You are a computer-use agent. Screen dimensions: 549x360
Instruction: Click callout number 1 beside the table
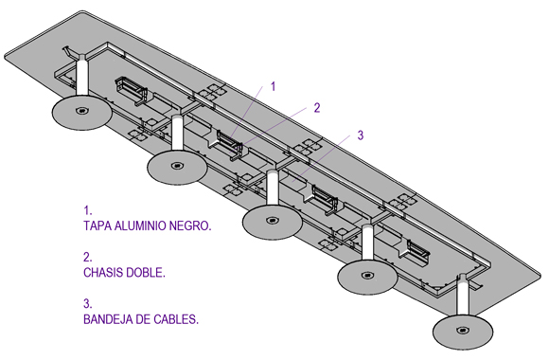pos(274,86)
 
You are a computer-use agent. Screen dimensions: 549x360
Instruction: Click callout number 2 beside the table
pos(317,108)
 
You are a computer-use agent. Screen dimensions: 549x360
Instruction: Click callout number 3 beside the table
pos(361,135)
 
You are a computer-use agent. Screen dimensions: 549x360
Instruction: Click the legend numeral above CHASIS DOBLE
pos(87,258)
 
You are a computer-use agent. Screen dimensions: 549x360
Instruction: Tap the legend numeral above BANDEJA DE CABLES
pos(87,304)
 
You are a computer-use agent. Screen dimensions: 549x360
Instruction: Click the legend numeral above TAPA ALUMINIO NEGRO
pos(87,210)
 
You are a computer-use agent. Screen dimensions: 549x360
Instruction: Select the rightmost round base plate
pos(463,332)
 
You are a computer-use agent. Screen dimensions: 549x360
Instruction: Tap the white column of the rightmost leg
pos(463,296)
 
